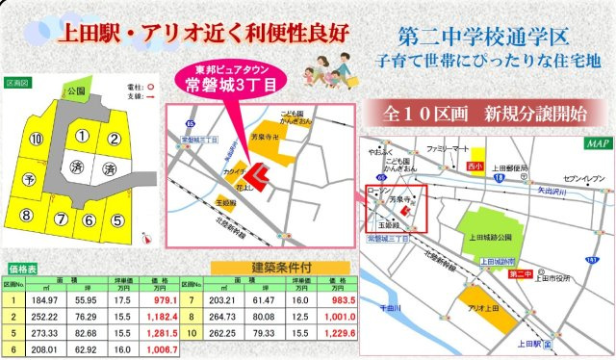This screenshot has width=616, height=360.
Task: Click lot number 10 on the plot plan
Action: point(37,140)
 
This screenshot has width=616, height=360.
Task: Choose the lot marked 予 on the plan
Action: point(29,178)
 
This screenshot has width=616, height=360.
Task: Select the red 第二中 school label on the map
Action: point(520,274)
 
